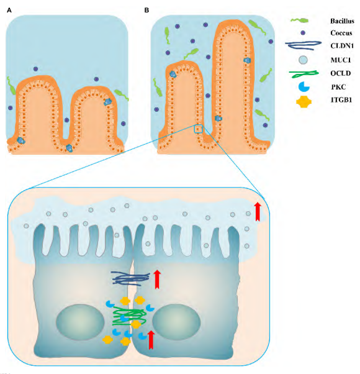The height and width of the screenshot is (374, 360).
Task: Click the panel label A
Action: pos(9,11)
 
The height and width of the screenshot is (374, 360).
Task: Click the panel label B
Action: pos(146,11)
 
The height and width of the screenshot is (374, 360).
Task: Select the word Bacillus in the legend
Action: pos(342,21)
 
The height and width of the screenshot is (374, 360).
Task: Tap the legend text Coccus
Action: pos(341,33)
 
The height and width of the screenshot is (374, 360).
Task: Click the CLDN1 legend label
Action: pos(342,46)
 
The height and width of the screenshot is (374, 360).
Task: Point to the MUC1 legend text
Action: pos(341,60)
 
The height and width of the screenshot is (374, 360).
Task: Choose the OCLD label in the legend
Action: pos(341,73)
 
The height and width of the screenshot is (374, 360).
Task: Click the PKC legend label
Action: pos(338,87)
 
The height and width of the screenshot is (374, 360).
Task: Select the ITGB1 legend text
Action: pos(341,100)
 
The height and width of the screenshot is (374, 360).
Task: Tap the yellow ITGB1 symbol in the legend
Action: pos(304,102)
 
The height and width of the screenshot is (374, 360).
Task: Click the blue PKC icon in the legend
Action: pos(304,87)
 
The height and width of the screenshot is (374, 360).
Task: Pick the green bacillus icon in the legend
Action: pos(300,21)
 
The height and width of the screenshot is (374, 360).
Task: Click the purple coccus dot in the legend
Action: pos(303,33)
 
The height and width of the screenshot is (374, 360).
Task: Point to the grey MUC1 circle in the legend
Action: pos(303,60)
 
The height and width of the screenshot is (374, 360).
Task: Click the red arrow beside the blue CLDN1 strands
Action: pos(157,280)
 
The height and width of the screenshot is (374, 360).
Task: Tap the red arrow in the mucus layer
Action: pos(258,212)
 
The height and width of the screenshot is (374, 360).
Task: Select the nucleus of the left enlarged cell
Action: pos(80,322)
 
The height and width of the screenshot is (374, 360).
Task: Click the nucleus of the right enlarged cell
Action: pos(176,322)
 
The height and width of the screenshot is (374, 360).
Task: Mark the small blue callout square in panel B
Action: pos(199,129)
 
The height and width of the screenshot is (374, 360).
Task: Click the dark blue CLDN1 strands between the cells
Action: pos(130,278)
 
